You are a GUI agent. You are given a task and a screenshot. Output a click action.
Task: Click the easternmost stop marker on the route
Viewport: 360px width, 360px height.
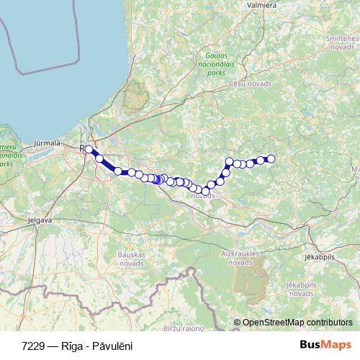pyautogui.click(x=271, y=158)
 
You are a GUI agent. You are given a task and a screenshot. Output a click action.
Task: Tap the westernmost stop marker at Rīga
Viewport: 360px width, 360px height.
pyautogui.click(x=89, y=149)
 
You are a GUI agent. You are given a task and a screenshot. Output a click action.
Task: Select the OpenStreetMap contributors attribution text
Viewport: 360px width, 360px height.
pyautogui.click(x=297, y=323)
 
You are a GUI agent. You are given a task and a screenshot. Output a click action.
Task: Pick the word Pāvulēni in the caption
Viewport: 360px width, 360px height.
pyautogui.click(x=112, y=346)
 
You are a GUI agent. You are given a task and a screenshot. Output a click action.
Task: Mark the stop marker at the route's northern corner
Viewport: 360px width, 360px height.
pyautogui.click(x=230, y=161)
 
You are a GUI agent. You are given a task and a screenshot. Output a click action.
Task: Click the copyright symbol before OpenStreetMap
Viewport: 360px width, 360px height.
pyautogui.click(x=237, y=323)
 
